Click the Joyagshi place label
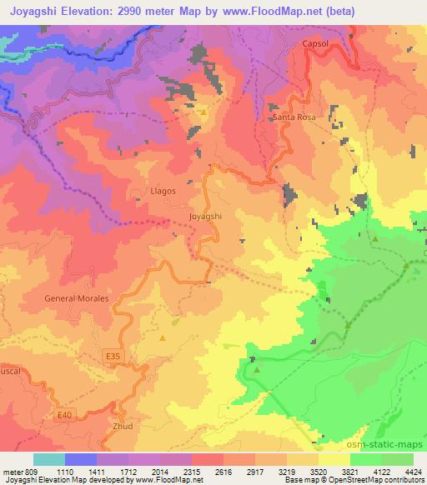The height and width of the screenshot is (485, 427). pos(205,216)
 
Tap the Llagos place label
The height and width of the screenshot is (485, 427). pos(163,191)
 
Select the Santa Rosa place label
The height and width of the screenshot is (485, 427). pos(294,118)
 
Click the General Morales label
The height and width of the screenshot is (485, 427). pos(77,297)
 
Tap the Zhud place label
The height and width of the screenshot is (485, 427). pos(123,425)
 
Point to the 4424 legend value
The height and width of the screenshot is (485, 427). pos(413,472)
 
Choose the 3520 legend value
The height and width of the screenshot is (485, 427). pos(319,472)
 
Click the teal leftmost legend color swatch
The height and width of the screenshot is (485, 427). pos(49,459)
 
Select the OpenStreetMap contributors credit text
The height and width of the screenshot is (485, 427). pos(388,481)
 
